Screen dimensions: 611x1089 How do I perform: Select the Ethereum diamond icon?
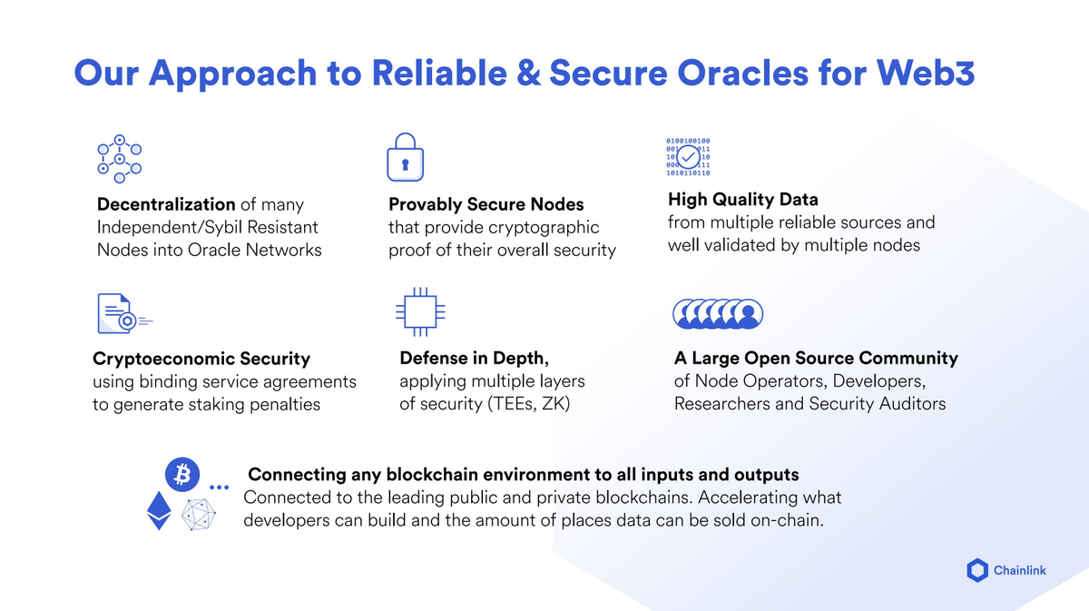tap(159, 514)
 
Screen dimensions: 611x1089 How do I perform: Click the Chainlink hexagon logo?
tap(977, 570)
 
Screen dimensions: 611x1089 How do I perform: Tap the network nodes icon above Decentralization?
tap(120, 158)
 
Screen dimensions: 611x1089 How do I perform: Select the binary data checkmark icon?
tap(689, 157)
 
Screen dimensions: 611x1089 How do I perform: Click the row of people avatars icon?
tap(718, 314)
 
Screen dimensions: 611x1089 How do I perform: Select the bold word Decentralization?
tap(166, 204)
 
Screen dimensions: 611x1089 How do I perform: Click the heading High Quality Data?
tap(743, 200)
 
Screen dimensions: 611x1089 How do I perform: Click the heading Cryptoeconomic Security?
tap(201, 359)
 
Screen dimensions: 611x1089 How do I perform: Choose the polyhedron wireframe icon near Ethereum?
tap(200, 515)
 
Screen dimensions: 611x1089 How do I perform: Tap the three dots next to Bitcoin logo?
tap(219, 488)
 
